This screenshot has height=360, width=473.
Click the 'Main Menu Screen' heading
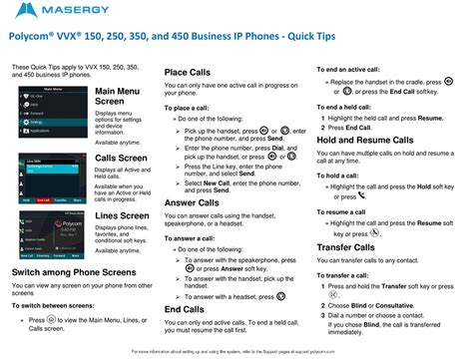point(117,97)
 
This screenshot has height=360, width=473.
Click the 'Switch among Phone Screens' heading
point(77,272)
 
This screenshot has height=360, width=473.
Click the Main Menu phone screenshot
point(49,112)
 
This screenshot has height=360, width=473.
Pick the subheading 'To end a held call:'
point(351,106)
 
